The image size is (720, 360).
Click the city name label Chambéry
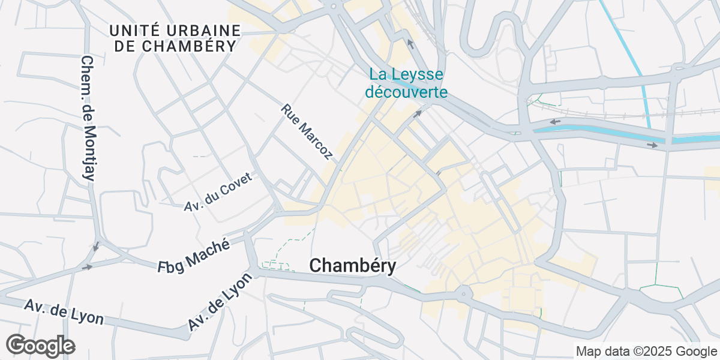tap(353, 266)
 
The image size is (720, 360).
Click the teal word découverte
tap(407, 92)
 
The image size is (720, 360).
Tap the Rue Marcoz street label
tap(307, 133)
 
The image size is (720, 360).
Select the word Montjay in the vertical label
tap(91, 144)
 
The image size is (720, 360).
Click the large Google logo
tap(40, 346)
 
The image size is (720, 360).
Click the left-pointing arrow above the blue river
tap(555, 122)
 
